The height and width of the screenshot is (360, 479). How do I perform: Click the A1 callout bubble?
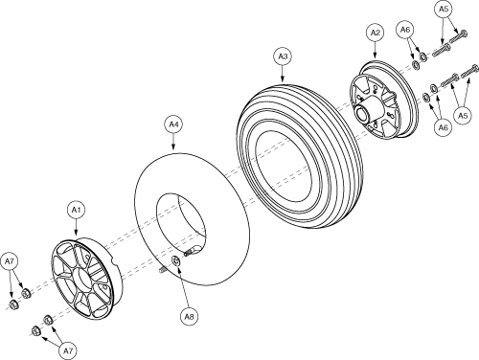click(x=76, y=210)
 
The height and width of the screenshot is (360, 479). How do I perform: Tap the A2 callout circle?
click(x=375, y=33)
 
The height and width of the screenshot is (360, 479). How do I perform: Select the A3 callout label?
click(x=283, y=56)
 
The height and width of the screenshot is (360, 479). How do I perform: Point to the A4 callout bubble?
click(x=173, y=124)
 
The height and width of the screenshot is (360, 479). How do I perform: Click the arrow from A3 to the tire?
click(x=283, y=74)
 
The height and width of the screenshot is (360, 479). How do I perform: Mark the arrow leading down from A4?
click(x=173, y=142)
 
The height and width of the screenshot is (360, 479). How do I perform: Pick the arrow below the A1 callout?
click(x=76, y=228)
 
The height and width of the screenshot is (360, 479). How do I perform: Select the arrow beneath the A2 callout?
click(x=375, y=50)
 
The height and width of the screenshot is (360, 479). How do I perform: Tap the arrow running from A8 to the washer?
click(x=184, y=287)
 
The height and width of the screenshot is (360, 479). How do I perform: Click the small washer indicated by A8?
click(x=176, y=261)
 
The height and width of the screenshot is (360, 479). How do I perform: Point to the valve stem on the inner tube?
click(x=192, y=251)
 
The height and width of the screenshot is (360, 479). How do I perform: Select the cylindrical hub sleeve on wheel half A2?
click(x=368, y=111)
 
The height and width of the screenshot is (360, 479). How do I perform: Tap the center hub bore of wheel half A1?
click(x=80, y=279)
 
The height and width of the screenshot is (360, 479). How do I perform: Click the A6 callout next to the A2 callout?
click(x=404, y=30)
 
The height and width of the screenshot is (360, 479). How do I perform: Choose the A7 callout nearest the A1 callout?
click(x=10, y=261)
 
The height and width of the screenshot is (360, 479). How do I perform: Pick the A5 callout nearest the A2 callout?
click(x=444, y=10)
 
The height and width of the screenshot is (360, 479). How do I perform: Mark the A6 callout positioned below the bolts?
click(x=443, y=128)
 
